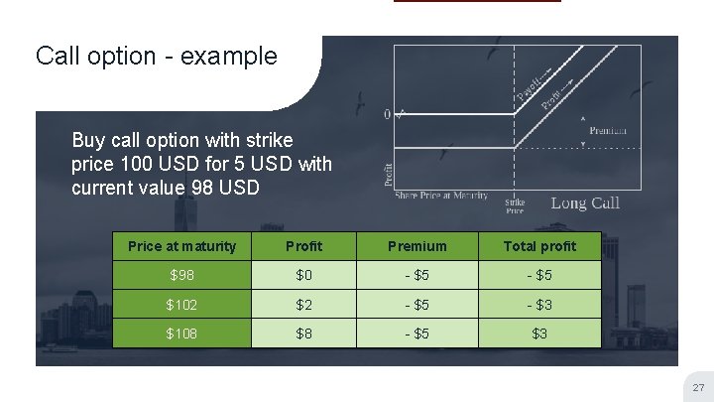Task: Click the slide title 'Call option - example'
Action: [156, 56]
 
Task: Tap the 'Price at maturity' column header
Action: [182, 246]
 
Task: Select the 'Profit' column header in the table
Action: [304, 246]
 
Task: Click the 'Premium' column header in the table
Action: [416, 246]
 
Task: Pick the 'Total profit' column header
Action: [538, 246]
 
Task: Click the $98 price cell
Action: [182, 275]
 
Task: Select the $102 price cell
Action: [182, 304]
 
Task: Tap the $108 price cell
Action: [182, 334]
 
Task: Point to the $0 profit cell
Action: [304, 275]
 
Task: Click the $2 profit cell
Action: [304, 304]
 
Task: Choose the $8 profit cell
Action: [304, 334]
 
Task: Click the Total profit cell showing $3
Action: [538, 334]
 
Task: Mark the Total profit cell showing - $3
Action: [538, 304]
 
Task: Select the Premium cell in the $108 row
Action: [416, 334]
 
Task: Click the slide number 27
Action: [697, 387]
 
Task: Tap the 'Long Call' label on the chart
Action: [585, 202]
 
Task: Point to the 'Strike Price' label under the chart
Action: [515, 206]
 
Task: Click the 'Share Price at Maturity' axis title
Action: [441, 195]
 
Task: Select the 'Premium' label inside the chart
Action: [608, 131]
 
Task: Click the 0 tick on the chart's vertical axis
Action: [388, 113]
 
